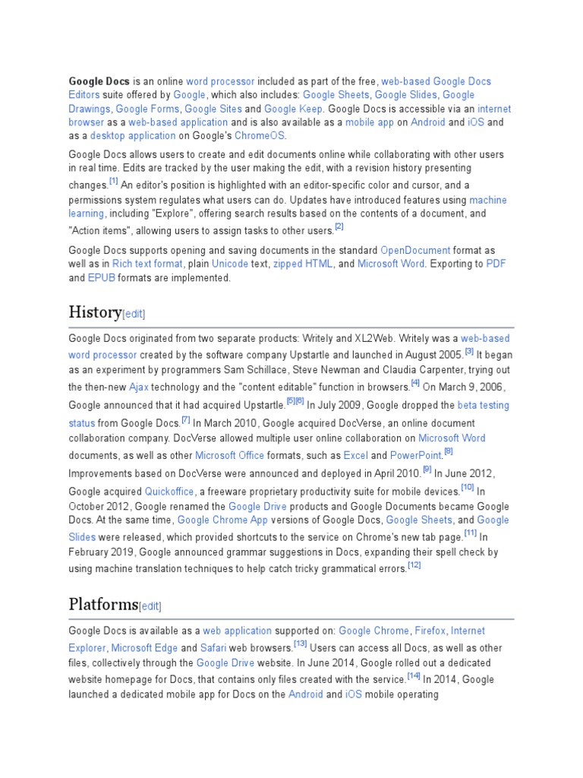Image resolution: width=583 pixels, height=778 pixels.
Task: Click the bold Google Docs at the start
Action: pos(99,81)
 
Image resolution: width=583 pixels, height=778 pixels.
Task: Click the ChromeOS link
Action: pos(260,136)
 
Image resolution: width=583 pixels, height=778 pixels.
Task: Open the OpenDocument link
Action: pos(415,250)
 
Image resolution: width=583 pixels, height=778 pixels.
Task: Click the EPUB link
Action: pos(101,278)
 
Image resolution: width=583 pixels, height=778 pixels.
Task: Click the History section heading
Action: pos(95,312)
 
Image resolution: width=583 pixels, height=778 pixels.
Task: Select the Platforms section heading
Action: pos(104,604)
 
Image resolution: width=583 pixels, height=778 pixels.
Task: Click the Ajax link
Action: pos(138,387)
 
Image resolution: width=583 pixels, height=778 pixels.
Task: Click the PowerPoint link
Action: pos(415,455)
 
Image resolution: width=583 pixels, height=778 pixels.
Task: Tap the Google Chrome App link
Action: pos(213,520)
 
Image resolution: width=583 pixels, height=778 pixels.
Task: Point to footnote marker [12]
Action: pos(414,565)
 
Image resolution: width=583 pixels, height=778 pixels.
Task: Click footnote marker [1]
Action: pos(113,182)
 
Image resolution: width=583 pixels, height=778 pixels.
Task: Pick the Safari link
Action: pos(213,648)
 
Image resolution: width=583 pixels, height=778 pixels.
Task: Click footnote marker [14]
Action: pos(414,675)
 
